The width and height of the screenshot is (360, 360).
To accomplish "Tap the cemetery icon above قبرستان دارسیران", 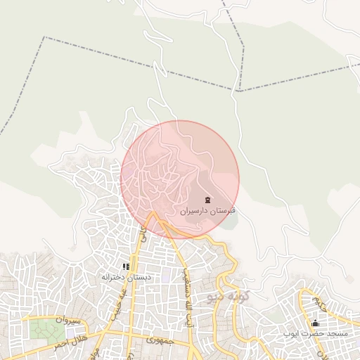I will coord(207,200).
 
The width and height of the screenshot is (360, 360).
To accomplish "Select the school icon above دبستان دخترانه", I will coord(126,266).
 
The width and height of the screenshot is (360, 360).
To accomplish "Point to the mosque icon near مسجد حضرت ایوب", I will coord(315,323).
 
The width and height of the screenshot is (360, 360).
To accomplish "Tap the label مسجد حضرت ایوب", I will coord(314,333).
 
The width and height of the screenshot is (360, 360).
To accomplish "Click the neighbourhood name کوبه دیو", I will coord(229,298).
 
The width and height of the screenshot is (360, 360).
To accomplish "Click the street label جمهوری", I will coord(159,340).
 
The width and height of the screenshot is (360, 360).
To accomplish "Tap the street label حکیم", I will coord(321,304).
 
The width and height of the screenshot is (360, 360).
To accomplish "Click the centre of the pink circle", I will coord(180,179).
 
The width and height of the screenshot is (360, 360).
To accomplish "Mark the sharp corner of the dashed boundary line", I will coord(239,91).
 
